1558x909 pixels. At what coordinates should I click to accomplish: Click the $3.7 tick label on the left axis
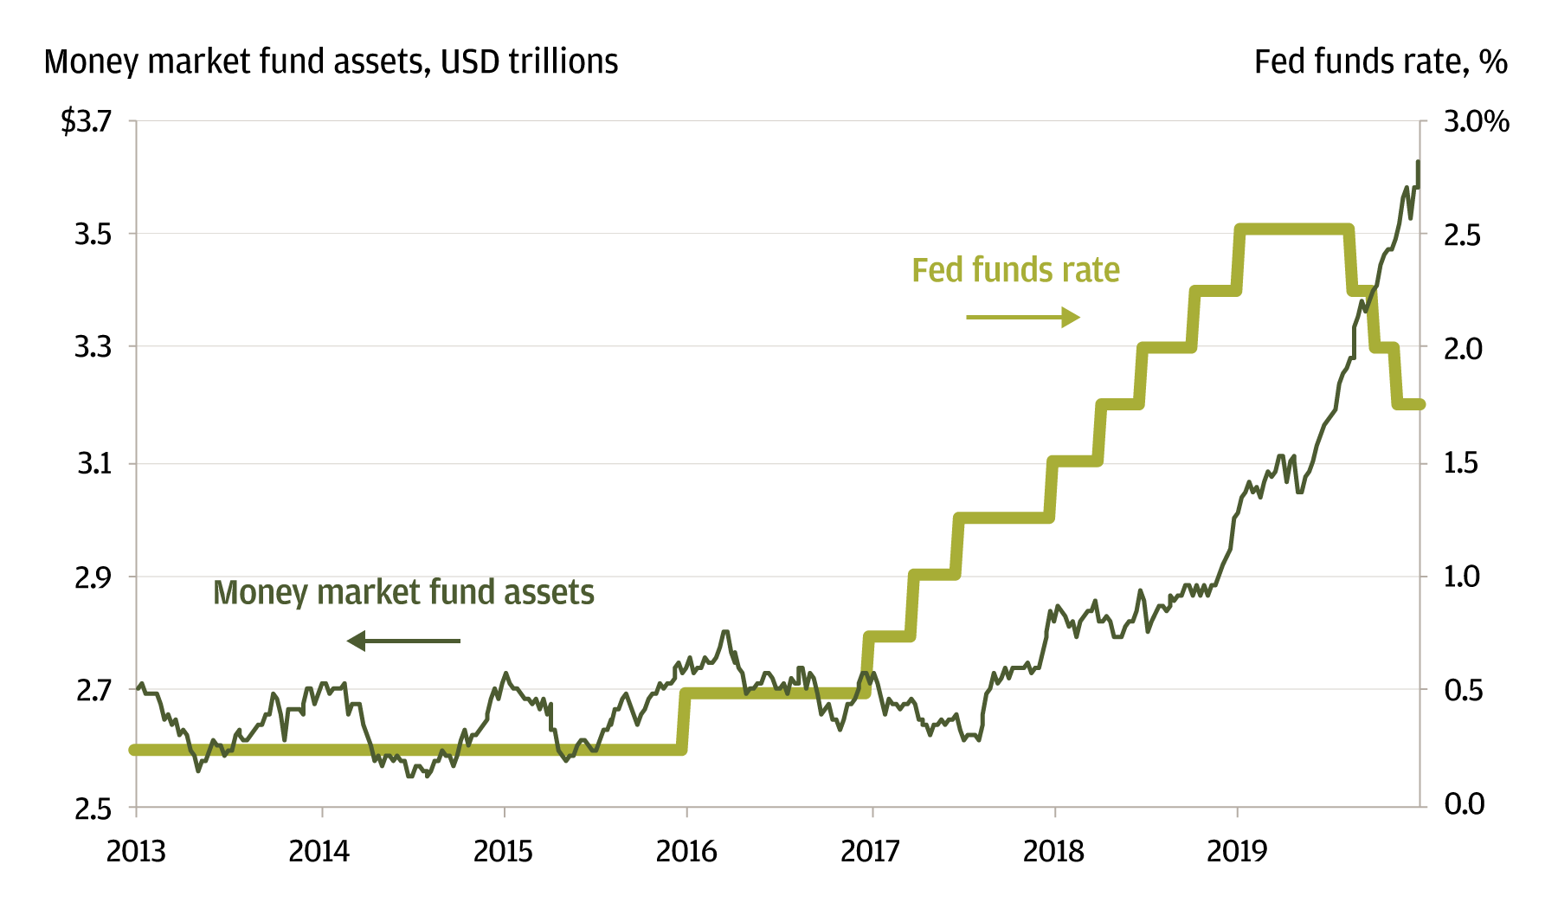click(x=87, y=121)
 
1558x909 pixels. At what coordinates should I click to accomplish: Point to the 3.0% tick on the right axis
click(x=1476, y=121)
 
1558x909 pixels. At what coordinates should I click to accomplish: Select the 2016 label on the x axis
click(x=686, y=852)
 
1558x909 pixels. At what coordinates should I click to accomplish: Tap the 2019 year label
click(x=1237, y=852)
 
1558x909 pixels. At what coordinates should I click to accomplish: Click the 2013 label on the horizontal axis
click(x=136, y=852)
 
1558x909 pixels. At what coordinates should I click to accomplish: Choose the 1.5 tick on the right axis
click(x=1462, y=463)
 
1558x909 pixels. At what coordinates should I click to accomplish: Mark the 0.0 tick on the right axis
click(x=1464, y=803)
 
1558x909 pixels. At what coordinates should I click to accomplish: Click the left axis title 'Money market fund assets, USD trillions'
click(x=331, y=62)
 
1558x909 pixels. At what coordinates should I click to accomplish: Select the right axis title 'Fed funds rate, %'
click(x=1381, y=62)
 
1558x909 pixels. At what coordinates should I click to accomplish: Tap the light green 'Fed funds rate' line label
click(x=1015, y=270)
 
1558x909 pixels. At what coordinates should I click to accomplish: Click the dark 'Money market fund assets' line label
click(x=403, y=593)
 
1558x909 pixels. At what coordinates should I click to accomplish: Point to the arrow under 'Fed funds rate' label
click(x=1022, y=318)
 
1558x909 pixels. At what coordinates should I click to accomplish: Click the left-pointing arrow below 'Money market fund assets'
click(x=404, y=641)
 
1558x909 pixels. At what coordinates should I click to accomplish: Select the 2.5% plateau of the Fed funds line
click(x=1294, y=230)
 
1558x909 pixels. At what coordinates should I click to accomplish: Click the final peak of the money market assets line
click(x=1418, y=162)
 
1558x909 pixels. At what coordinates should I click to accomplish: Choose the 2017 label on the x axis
click(x=870, y=852)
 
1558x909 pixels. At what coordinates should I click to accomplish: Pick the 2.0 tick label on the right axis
click(x=1463, y=348)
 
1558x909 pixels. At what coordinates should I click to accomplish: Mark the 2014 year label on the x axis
click(x=319, y=852)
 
